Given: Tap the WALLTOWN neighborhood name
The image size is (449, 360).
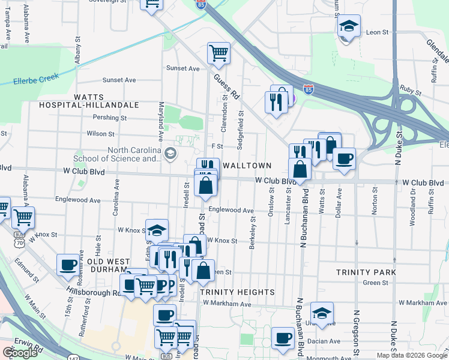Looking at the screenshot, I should click(247, 165).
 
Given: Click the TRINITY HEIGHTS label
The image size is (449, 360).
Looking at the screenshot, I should click(237, 292).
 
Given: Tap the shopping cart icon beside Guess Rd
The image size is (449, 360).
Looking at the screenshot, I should click(218, 52).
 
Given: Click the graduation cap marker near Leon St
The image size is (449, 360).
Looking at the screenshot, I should click(348, 26).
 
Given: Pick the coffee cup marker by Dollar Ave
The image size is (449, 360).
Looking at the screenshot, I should click(344, 158).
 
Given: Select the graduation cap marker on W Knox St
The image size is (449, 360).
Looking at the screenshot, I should click(157, 230).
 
